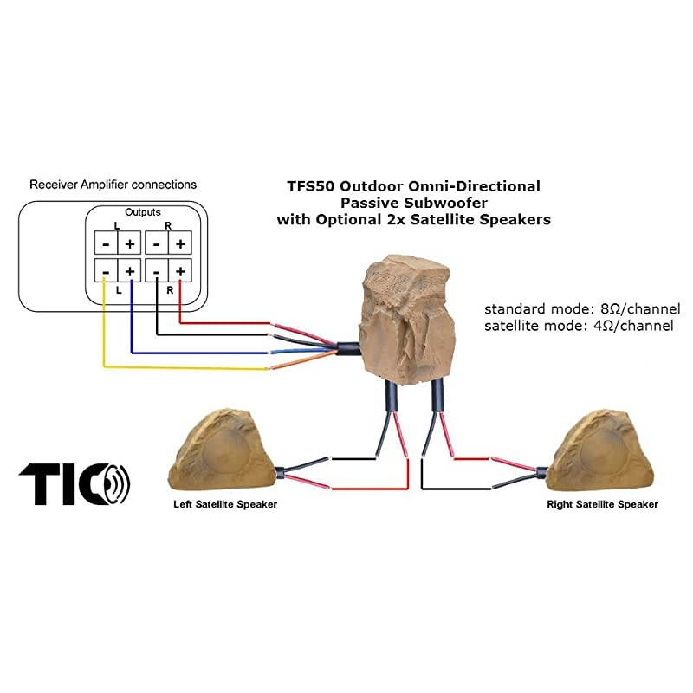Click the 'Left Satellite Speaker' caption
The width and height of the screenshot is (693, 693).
223,504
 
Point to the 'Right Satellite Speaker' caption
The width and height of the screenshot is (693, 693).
602,504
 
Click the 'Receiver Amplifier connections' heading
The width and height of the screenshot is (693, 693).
113,185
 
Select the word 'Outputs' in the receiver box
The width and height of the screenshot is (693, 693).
143,211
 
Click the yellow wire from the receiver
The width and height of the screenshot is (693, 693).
173,368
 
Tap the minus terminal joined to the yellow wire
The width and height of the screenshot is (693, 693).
105,272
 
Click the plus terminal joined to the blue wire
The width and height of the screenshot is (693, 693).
129,272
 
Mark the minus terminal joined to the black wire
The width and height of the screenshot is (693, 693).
156,272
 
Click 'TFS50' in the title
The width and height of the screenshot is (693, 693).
310,186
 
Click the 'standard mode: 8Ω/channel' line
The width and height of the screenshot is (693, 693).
582,309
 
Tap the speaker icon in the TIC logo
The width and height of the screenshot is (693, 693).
116,483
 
